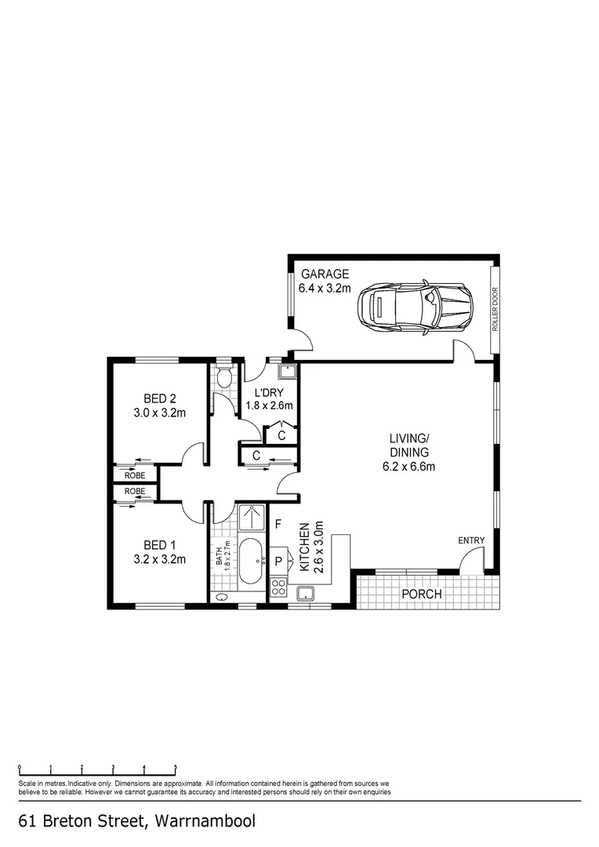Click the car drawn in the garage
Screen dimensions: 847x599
click(x=416, y=306)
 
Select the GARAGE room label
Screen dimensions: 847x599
click(x=324, y=274)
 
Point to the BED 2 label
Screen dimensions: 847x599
click(x=159, y=398)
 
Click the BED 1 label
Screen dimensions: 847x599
click(x=159, y=545)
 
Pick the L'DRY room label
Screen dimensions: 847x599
click(x=269, y=393)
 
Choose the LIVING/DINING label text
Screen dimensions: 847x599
click(x=408, y=445)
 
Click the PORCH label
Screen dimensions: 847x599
click(x=422, y=594)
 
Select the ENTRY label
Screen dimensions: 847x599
click(x=472, y=540)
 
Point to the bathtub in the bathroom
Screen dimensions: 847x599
click(x=252, y=561)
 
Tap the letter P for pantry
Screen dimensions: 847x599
click(x=278, y=561)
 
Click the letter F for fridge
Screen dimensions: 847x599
click(x=278, y=524)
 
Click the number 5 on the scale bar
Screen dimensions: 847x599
click(x=176, y=768)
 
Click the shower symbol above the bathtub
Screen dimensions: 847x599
click(x=252, y=518)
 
